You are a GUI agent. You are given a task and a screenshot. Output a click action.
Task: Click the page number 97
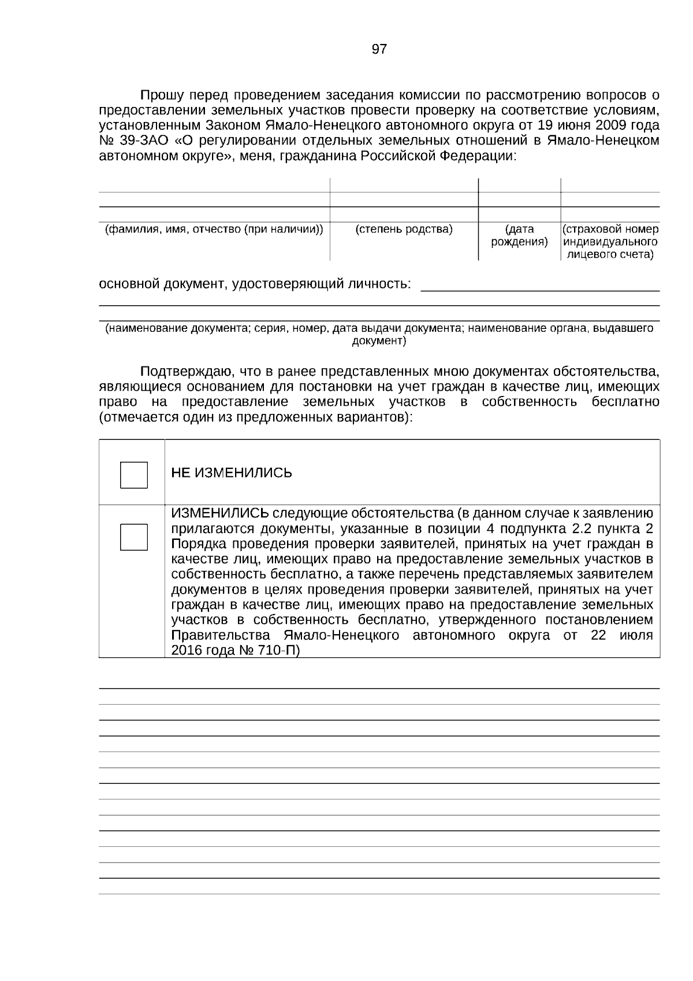click(x=379, y=49)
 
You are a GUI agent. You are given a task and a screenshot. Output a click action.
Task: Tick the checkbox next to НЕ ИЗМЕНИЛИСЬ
click(x=133, y=475)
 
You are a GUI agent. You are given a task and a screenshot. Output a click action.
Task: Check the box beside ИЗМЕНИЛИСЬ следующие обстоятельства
click(x=133, y=536)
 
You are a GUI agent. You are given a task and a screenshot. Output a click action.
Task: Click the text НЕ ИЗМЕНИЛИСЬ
click(x=232, y=473)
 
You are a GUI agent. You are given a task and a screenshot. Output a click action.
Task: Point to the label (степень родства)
click(x=404, y=229)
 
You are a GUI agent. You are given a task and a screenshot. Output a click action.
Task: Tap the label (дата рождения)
click(x=519, y=236)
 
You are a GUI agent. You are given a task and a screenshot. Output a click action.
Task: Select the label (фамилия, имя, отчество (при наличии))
click(x=214, y=229)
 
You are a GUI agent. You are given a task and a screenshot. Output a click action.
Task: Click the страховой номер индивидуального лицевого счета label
click(x=610, y=242)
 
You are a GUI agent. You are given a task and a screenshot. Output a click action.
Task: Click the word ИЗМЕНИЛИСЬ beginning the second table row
click(x=219, y=513)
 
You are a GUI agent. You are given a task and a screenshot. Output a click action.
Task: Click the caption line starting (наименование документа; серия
click(x=379, y=328)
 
